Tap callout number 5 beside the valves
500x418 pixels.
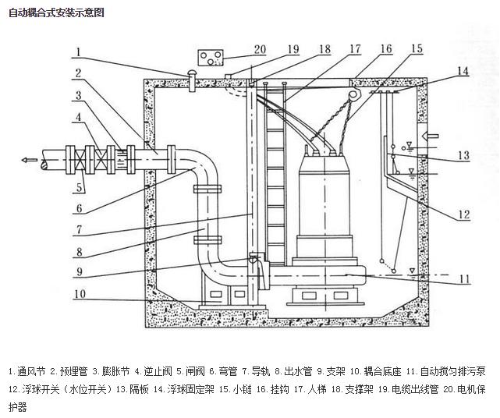pyautogui.click(x=80, y=188)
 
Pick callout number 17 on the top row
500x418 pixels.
pyautogui.click(x=355, y=48)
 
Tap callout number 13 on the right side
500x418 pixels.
pyautogui.click(x=463, y=155)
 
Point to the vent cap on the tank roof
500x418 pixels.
pyautogui.click(x=189, y=76)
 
